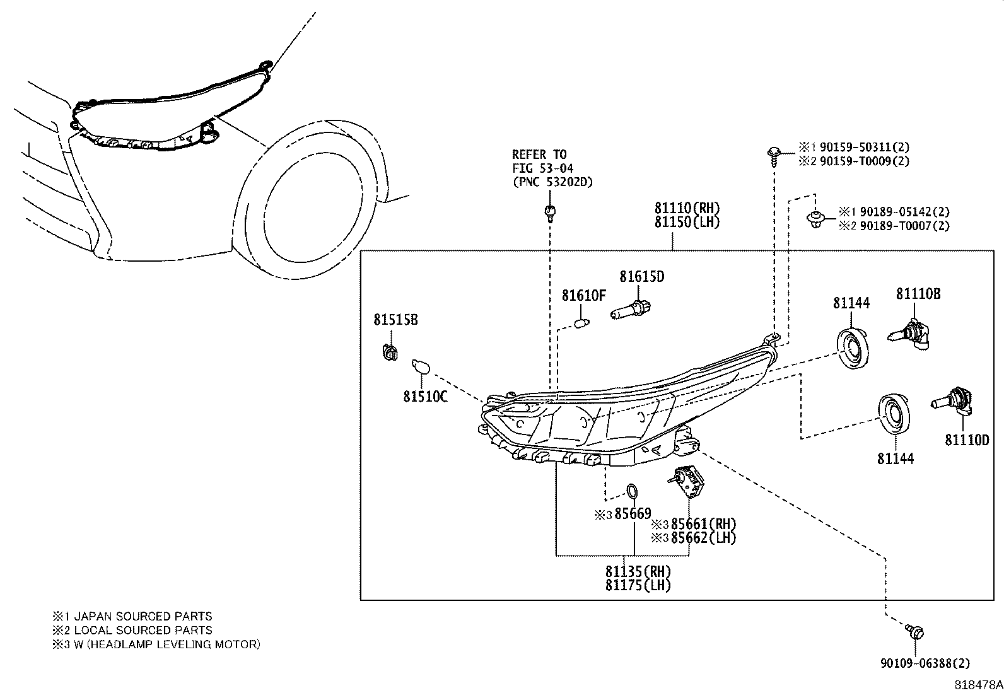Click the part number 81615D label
(x=641, y=277)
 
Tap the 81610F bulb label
(x=583, y=295)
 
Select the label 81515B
(x=395, y=320)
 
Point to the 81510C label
(x=425, y=397)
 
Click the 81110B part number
(x=918, y=294)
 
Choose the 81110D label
(x=966, y=440)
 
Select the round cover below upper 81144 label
(x=853, y=348)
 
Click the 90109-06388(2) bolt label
(x=925, y=663)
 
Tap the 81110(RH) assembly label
(x=686, y=208)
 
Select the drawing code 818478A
(x=977, y=684)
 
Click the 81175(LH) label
(x=638, y=585)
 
